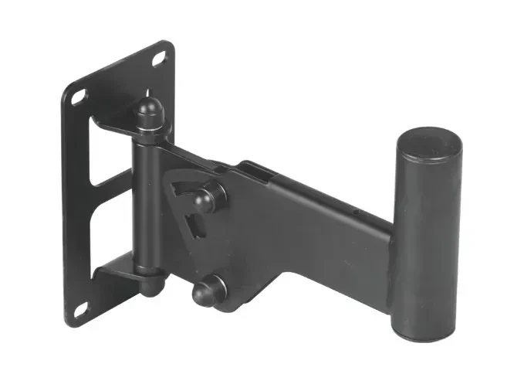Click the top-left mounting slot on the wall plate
click(x=79, y=97)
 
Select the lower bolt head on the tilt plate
click(x=207, y=291)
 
